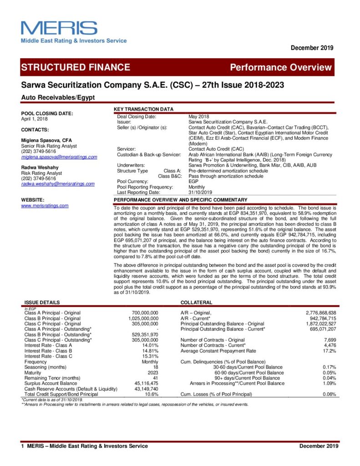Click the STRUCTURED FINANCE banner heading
click(76, 67)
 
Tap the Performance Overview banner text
click(280, 67)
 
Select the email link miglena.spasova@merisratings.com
click(59, 157)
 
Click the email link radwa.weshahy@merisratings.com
click(58, 184)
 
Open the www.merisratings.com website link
click(45, 206)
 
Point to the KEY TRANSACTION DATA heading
click(143, 109)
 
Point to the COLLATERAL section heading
click(196, 302)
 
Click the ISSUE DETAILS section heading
click(41, 302)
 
